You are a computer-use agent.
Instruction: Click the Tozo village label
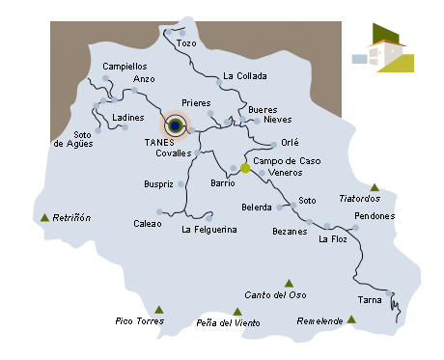186,44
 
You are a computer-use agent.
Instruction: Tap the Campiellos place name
124,67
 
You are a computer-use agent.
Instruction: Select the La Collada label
243,75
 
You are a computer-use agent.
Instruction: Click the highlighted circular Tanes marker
175,125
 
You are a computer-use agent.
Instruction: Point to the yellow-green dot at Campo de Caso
245,169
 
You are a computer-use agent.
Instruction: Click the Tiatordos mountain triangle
374,187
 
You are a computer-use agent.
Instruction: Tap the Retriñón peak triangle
44,218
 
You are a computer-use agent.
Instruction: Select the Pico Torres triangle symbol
159,310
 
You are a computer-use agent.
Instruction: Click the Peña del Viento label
228,323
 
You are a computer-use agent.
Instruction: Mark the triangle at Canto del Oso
289,283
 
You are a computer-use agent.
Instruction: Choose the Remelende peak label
321,320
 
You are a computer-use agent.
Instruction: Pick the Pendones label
375,216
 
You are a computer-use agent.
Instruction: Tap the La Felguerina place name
208,230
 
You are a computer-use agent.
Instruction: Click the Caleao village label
147,223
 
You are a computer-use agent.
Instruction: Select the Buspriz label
158,182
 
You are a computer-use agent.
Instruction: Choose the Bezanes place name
290,232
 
